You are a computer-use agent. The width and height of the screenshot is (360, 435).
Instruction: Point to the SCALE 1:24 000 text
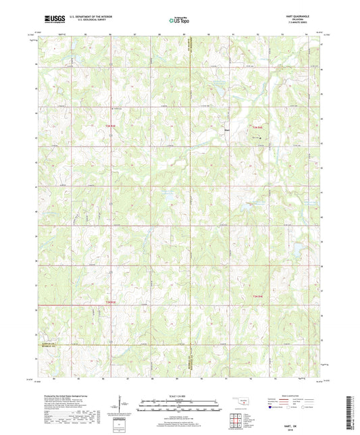click(x=180, y=396)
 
